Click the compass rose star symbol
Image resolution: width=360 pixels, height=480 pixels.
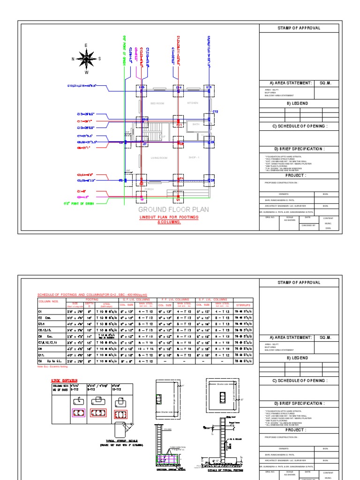(x=86, y=59)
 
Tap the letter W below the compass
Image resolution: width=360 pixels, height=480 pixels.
(x=86, y=73)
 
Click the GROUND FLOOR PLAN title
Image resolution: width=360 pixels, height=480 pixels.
(x=173, y=210)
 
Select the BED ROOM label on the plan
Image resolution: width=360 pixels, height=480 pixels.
(x=157, y=103)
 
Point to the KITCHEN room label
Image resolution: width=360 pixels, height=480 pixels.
(x=193, y=103)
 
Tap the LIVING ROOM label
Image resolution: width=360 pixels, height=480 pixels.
(x=158, y=158)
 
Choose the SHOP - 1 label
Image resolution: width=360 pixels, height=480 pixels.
(x=194, y=157)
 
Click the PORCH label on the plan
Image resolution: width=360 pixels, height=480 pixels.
(x=149, y=189)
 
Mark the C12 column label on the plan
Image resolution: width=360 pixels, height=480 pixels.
(x=215, y=112)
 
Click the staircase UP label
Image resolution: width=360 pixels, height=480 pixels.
(x=163, y=136)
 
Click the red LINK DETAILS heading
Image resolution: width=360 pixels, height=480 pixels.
(x=65, y=381)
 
